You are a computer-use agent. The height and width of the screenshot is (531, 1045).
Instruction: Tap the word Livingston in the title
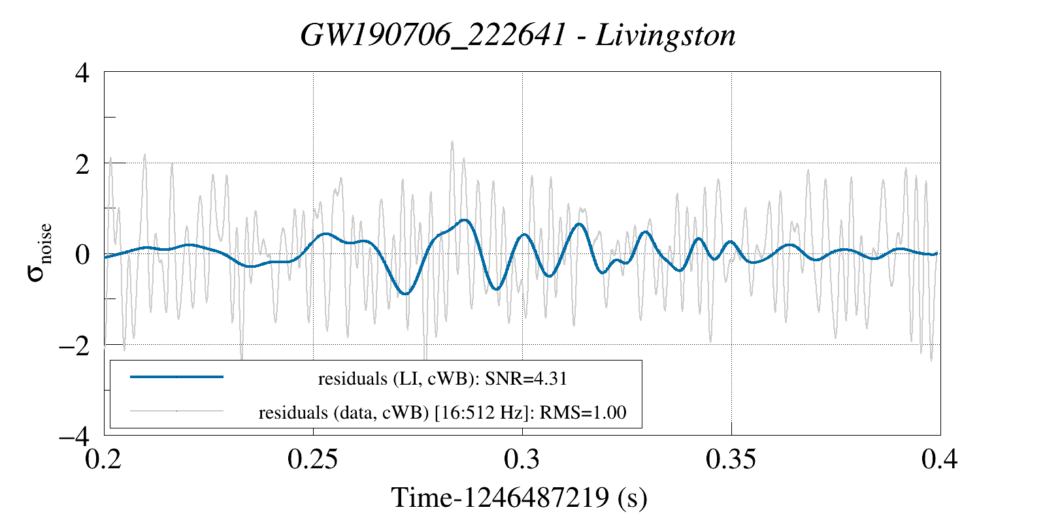[666, 35]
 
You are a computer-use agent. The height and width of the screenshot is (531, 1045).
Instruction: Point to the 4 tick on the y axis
[82, 72]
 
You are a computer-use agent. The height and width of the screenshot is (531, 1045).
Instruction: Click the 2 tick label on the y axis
[82, 164]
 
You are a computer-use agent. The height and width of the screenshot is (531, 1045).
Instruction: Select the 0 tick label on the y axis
[82, 254]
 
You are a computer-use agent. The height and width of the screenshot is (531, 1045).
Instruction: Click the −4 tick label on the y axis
[73, 436]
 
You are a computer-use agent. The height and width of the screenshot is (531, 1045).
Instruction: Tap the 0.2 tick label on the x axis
[105, 460]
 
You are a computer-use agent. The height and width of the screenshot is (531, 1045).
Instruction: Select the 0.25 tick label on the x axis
[313, 460]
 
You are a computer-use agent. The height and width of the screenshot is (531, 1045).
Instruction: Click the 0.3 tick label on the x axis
[522, 460]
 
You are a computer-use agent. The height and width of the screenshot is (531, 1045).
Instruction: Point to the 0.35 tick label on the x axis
[731, 460]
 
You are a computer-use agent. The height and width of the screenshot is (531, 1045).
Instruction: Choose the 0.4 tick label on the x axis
[940, 460]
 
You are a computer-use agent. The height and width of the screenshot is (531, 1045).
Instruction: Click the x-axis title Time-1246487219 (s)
[520, 498]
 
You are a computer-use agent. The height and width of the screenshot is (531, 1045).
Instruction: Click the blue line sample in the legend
[176, 377]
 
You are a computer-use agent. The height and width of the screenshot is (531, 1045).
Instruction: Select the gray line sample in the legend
[176, 411]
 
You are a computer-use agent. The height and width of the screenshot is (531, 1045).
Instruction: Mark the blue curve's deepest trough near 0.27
[406, 293]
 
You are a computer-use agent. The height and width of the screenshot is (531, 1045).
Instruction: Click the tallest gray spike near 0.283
[452, 142]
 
